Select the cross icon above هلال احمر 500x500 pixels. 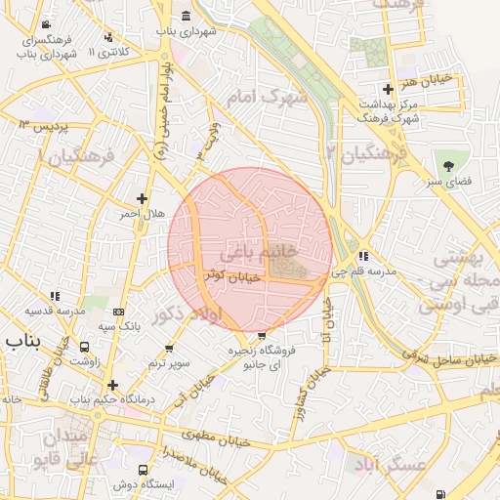[143, 197]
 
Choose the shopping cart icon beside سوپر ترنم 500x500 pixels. [172, 349]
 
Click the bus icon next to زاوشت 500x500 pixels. [86, 347]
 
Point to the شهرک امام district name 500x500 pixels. [267, 99]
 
